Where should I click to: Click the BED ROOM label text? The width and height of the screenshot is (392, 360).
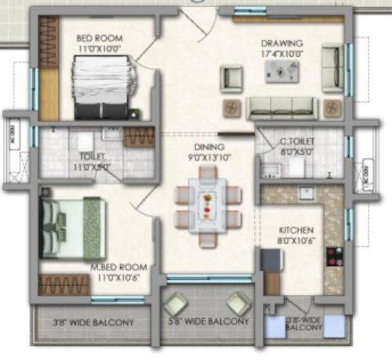coord(99,38)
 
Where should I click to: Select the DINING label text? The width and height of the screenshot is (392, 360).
coord(209,147)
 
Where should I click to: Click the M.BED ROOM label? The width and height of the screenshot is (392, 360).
coord(122,267)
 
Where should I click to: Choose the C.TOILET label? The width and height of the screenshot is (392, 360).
coord(297,140)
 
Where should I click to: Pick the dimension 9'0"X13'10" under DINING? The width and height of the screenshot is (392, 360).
coord(209,157)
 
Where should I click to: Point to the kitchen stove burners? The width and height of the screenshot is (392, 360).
coord(335,257)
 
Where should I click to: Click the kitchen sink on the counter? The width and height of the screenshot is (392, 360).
coord(305,193)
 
